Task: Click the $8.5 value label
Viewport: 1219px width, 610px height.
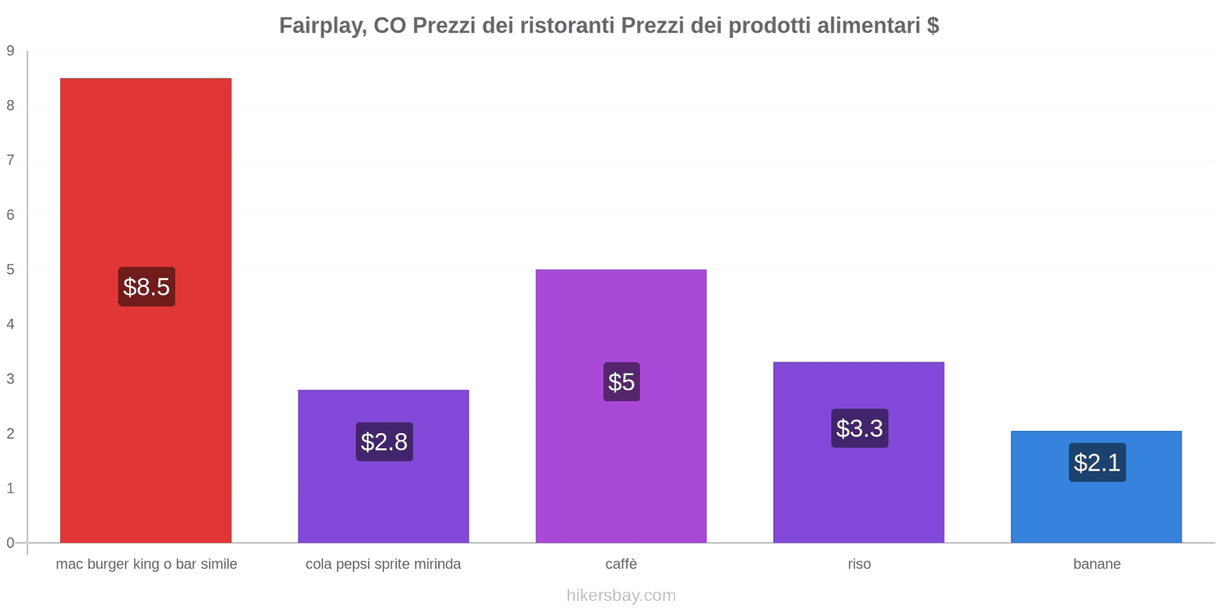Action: pos(146,287)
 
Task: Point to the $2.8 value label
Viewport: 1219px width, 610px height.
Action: pos(384,441)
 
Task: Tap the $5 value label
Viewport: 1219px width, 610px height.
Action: pos(622,382)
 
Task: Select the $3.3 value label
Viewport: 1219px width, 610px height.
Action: pos(859,429)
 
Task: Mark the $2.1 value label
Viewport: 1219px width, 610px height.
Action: pos(1097,462)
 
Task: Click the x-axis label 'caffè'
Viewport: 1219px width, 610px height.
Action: pos(621,564)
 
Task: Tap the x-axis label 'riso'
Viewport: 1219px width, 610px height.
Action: pos(859,564)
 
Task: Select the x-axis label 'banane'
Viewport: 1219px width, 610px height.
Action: pos(1096,564)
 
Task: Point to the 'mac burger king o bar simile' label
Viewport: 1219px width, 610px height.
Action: pos(146,564)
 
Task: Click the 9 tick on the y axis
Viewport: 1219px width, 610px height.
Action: pos(11,51)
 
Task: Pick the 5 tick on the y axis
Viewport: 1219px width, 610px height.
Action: pos(11,270)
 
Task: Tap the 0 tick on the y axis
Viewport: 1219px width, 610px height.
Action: pos(11,543)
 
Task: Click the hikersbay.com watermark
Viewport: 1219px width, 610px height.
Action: pos(621,596)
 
